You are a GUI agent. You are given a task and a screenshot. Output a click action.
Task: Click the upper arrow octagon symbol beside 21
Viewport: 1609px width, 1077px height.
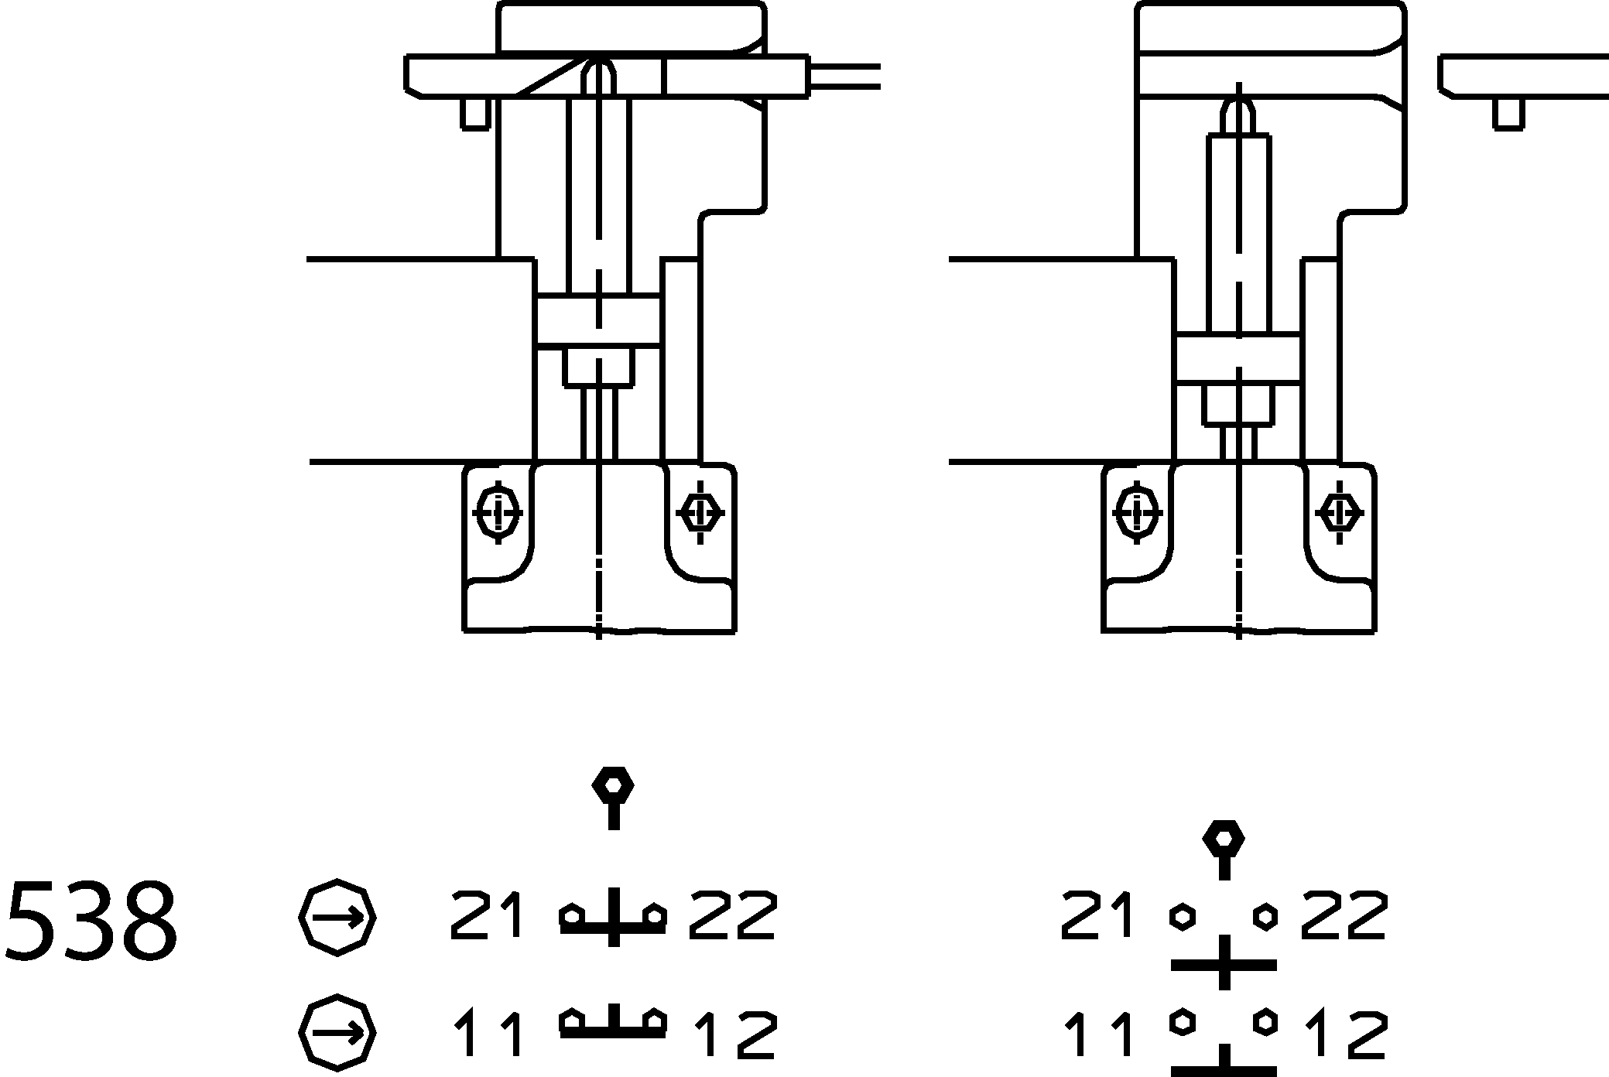coord(337,918)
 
